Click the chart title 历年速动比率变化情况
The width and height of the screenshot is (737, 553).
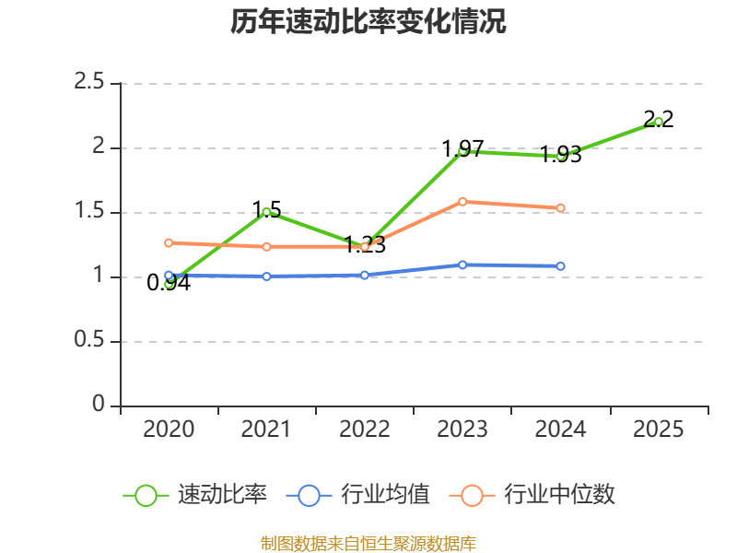click(368, 22)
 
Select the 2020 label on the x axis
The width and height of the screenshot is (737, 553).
click(169, 429)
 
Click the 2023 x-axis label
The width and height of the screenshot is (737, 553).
click(462, 429)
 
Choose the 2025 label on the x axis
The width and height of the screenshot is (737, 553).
click(659, 429)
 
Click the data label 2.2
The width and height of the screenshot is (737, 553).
click(659, 118)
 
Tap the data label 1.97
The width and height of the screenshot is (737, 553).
click(462, 148)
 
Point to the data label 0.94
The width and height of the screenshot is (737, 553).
click(169, 283)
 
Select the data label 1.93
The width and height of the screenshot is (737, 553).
click(560, 155)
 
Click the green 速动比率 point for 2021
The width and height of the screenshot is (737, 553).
click(267, 212)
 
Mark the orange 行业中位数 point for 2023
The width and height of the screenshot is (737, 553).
click(462, 201)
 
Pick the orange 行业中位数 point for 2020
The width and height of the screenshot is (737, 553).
click(169, 242)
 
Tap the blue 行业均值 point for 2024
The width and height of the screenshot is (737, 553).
click(560, 265)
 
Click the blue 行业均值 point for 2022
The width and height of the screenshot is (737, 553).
click(365, 275)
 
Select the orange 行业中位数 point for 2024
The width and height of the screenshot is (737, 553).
click(560, 207)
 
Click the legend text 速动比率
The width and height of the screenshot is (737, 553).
click(223, 495)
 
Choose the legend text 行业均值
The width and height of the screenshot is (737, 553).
click(385, 495)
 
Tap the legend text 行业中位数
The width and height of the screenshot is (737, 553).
click(559, 495)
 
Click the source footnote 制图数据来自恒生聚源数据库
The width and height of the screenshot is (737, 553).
click(368, 543)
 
